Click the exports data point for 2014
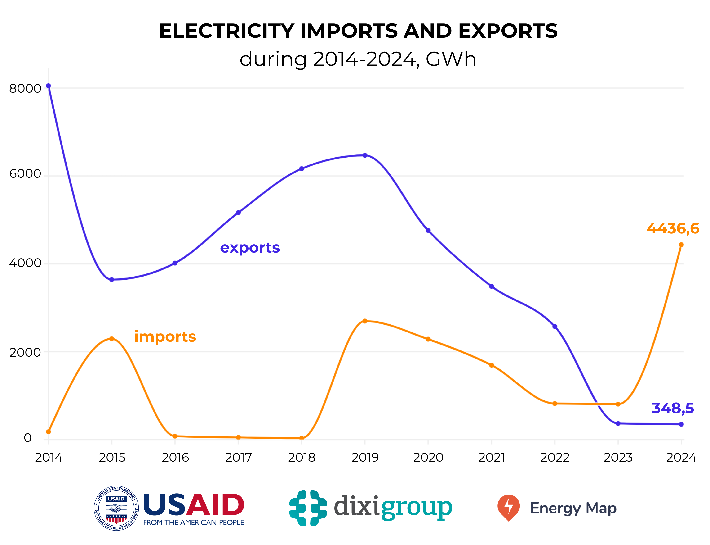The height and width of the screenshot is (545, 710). pyautogui.click(x=48, y=86)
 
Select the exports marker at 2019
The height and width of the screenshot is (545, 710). pyautogui.click(x=365, y=155)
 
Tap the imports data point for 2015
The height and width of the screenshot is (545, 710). pyautogui.click(x=112, y=339)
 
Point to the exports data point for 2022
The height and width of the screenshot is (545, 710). pyautogui.click(x=555, y=326)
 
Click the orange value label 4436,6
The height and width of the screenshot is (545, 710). pyautogui.click(x=673, y=229)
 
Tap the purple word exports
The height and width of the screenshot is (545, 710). pyautogui.click(x=250, y=248)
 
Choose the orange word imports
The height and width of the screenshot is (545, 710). pyautogui.click(x=165, y=337)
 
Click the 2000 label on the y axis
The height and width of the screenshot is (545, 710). pyautogui.click(x=25, y=352)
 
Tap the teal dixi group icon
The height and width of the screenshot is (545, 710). pyautogui.click(x=308, y=508)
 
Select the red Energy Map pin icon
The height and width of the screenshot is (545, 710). pyautogui.click(x=508, y=507)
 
